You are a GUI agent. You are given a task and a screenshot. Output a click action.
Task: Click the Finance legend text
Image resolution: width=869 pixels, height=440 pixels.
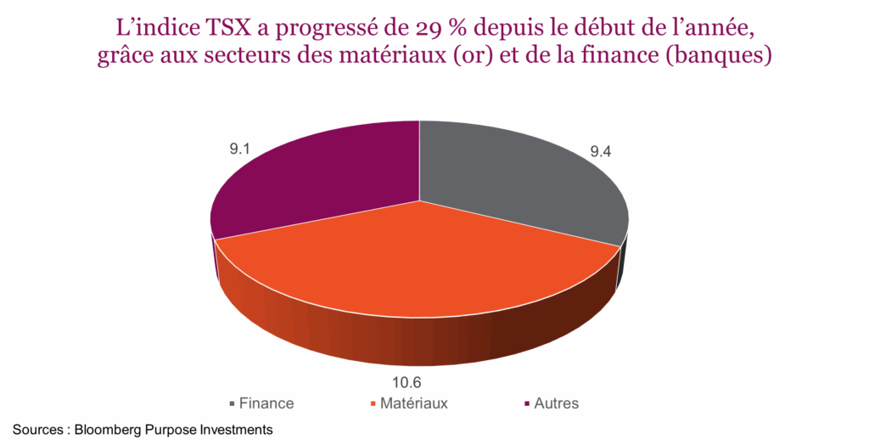[266, 403]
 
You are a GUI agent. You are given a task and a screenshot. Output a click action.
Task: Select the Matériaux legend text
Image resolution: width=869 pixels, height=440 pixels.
[413, 403]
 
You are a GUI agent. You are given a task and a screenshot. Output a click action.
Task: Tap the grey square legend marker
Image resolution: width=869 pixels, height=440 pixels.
[232, 404]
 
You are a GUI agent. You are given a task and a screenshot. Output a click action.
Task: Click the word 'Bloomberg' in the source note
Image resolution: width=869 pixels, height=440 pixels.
[108, 430]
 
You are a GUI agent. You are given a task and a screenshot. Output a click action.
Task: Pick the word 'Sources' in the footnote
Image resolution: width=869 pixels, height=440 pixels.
[36, 430]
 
